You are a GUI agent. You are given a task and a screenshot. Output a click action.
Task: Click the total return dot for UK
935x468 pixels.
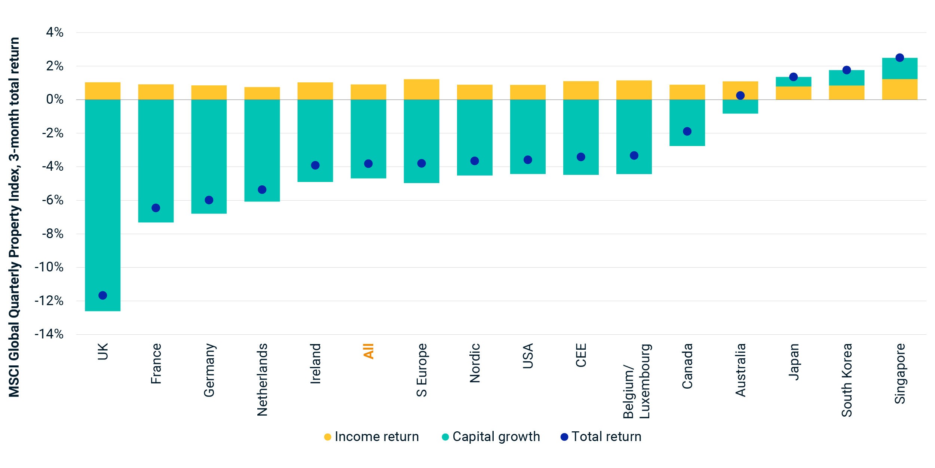(103, 295)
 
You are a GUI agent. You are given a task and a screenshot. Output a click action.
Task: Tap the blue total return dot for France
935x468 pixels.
(156, 208)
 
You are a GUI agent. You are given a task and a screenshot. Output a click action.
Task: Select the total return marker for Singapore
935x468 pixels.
(900, 58)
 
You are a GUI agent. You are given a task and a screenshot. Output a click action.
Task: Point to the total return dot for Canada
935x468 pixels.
(687, 131)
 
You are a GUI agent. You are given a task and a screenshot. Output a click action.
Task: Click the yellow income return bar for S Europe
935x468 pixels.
(421, 89)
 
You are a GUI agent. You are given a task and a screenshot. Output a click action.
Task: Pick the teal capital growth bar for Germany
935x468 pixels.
(209, 156)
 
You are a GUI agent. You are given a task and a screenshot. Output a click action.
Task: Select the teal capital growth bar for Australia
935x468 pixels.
(740, 107)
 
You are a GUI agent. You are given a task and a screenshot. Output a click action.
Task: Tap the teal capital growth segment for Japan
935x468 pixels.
(794, 82)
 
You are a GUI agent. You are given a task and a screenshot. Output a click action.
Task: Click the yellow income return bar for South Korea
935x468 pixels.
(847, 92)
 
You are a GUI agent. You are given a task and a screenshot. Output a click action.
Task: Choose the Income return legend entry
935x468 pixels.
(371, 437)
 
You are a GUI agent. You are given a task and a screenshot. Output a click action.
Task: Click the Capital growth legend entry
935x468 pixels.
(491, 437)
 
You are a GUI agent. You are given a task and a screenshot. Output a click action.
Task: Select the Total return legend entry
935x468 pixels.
(601, 437)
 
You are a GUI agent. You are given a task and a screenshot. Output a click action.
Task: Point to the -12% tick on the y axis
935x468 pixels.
(49, 301)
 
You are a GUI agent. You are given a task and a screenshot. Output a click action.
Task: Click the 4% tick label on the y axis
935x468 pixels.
(55, 33)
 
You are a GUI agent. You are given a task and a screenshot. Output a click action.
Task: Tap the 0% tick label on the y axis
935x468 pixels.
(55, 100)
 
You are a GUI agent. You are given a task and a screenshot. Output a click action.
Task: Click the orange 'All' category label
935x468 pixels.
(368, 351)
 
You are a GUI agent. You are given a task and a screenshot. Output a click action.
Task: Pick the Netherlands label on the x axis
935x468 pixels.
(262, 380)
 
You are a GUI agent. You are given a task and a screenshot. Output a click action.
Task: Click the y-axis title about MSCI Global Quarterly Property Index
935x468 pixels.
(14, 217)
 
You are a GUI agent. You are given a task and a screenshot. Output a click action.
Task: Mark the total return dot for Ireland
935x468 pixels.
(315, 165)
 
